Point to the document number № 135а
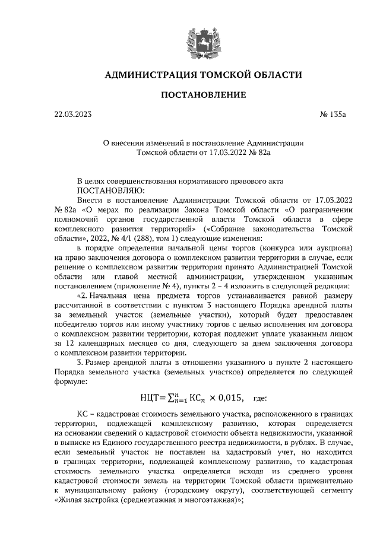(332, 114)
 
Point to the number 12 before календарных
(74, 343)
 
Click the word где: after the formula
(260, 397)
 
